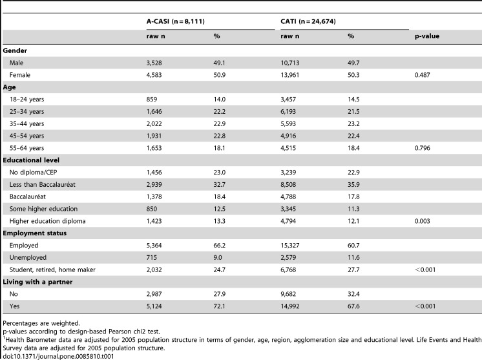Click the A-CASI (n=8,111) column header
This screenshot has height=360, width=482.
(x=176, y=21)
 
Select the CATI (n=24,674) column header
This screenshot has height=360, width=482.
(x=308, y=21)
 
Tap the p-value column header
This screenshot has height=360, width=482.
(x=427, y=36)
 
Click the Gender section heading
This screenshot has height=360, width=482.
(x=15, y=50)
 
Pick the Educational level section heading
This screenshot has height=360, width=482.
(x=31, y=160)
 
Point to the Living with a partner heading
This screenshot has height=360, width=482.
(x=37, y=282)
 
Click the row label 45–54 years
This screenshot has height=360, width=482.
(x=26, y=136)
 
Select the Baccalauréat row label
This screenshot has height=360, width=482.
(x=28, y=196)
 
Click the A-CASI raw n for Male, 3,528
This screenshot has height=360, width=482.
(x=154, y=63)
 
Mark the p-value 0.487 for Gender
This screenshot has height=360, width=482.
(x=423, y=75)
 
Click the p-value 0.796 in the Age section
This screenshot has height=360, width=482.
(x=423, y=148)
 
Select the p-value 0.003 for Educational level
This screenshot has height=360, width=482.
(x=423, y=221)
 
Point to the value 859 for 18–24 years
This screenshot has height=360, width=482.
(x=152, y=100)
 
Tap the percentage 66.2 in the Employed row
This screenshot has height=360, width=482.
(x=220, y=246)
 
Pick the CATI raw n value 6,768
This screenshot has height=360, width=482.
(x=288, y=270)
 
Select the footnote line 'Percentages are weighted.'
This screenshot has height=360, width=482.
(x=41, y=323)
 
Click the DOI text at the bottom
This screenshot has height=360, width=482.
(x=58, y=357)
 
